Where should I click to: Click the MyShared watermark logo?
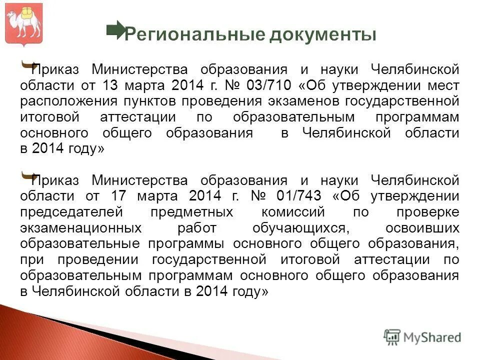[x=422, y=336]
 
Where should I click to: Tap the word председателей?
[x=71, y=211]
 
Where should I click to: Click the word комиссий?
[x=295, y=211]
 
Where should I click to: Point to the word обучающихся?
[x=300, y=227]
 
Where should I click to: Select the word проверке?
[x=427, y=211]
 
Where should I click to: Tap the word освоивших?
[x=423, y=227]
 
